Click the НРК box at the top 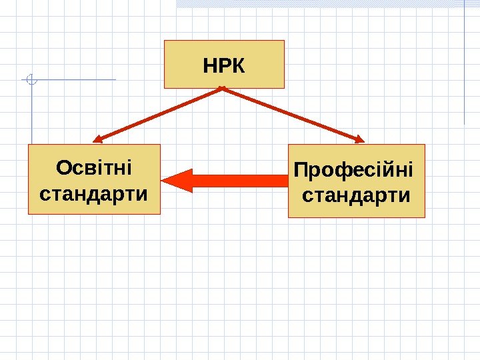(224, 64)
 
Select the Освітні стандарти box (94, 179)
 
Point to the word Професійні (353, 171)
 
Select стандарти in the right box (356, 197)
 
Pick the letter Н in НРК (209, 67)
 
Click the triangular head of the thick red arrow (177, 181)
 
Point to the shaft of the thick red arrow (240, 181)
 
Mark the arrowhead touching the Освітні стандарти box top (97, 140)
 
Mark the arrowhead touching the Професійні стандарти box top (360, 139)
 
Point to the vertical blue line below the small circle (32, 113)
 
